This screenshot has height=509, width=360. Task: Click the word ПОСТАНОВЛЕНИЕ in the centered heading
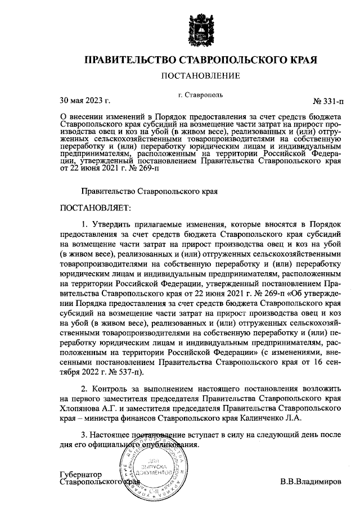(200, 75)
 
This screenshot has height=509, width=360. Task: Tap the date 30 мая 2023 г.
(84, 101)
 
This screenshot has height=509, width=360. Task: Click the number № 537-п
(125, 372)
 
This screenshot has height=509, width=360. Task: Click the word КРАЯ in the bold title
(298, 59)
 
